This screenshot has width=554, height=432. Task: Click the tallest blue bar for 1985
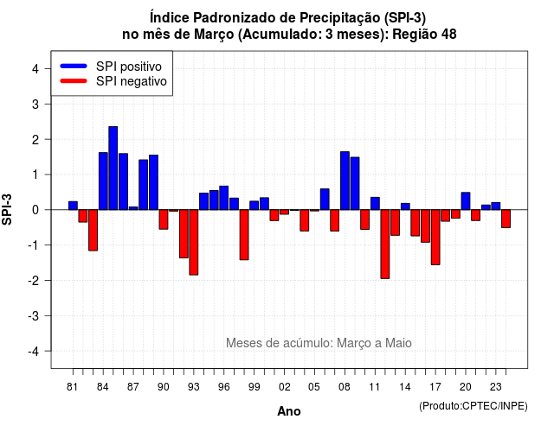[x=113, y=168]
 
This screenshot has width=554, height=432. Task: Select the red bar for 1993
[x=194, y=242]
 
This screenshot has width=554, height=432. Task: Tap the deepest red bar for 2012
[x=385, y=244]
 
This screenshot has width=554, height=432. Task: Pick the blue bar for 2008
[x=345, y=181]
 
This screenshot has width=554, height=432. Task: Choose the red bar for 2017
[x=435, y=237]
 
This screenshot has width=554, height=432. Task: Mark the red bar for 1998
[x=244, y=235]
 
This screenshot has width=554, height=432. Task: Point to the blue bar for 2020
[x=466, y=201]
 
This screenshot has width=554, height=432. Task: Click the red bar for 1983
[x=93, y=231]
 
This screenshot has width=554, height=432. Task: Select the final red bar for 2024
[x=506, y=219]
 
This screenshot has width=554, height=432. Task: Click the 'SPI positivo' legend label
[x=129, y=67]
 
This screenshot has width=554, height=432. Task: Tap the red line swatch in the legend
[x=74, y=81]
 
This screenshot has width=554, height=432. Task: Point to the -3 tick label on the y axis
[x=34, y=316]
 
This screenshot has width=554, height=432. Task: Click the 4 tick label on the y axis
[x=35, y=69]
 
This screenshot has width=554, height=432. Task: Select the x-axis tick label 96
[x=224, y=387]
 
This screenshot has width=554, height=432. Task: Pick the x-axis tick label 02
[x=285, y=387]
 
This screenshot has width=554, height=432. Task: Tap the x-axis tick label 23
[x=496, y=387]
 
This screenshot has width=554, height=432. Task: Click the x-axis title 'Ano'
[x=289, y=411]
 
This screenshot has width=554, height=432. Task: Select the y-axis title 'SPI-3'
[x=7, y=209]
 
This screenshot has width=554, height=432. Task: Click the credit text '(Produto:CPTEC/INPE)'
[x=473, y=406]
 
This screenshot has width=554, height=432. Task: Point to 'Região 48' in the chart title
[x=424, y=35]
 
